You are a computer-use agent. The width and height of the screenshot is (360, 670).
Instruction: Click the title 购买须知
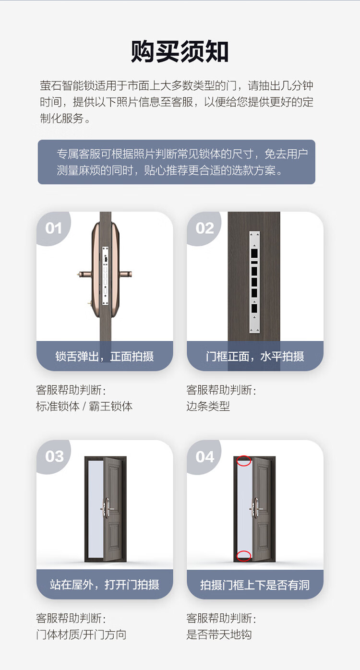[x=180, y=51]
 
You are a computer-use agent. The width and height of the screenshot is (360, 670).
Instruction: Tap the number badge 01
[x=54, y=228]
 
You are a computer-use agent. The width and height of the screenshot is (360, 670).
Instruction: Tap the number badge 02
[x=204, y=228]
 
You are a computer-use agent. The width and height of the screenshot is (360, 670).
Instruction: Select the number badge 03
[x=54, y=456]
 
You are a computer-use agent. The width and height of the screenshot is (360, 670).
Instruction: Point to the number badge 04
[x=205, y=457]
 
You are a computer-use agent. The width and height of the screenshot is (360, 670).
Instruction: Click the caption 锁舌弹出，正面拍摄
[x=105, y=356]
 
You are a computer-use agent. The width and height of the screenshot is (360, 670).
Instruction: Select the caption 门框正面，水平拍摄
[x=255, y=356]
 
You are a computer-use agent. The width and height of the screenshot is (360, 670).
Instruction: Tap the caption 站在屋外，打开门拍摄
[x=105, y=585]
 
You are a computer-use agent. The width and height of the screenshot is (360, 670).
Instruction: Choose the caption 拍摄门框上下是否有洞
[x=255, y=585]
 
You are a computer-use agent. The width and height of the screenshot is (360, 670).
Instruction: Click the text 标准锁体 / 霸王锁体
[x=84, y=406]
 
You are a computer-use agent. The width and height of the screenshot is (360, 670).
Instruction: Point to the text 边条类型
[x=208, y=406]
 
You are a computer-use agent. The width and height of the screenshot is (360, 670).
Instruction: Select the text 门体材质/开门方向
[x=81, y=634]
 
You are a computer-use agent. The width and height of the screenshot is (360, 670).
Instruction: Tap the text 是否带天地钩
[x=219, y=634]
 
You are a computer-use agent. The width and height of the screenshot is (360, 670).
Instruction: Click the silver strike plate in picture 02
[x=254, y=282]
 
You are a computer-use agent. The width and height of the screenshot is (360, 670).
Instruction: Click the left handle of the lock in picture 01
[x=84, y=274]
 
